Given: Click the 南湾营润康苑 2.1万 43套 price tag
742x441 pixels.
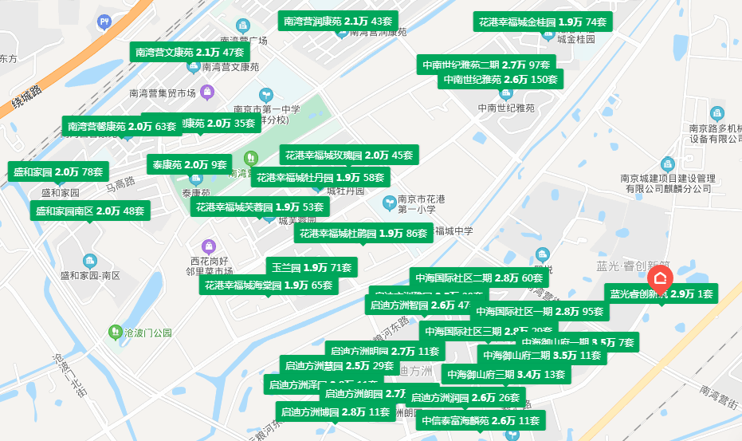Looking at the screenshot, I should [x=338, y=21].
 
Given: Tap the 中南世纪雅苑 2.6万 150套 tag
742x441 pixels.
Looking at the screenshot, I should [x=501, y=79].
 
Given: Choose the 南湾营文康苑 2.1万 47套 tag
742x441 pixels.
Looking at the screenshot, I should [x=184, y=52].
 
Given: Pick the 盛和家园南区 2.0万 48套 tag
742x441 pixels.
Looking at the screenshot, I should [x=90, y=211].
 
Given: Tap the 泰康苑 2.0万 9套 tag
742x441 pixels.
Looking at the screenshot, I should [x=189, y=165].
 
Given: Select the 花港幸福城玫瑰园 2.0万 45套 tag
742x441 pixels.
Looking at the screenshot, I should [x=349, y=155].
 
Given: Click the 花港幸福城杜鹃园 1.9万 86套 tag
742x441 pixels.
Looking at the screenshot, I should [x=364, y=234].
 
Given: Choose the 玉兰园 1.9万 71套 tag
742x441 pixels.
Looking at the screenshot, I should [x=312, y=267].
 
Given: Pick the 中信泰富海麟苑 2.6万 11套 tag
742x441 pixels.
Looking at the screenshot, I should [x=481, y=420].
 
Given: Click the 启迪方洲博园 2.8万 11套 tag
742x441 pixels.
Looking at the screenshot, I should [x=334, y=412].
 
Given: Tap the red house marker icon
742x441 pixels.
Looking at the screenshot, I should [x=661, y=278].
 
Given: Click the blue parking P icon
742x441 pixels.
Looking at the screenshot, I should [x=104, y=22].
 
